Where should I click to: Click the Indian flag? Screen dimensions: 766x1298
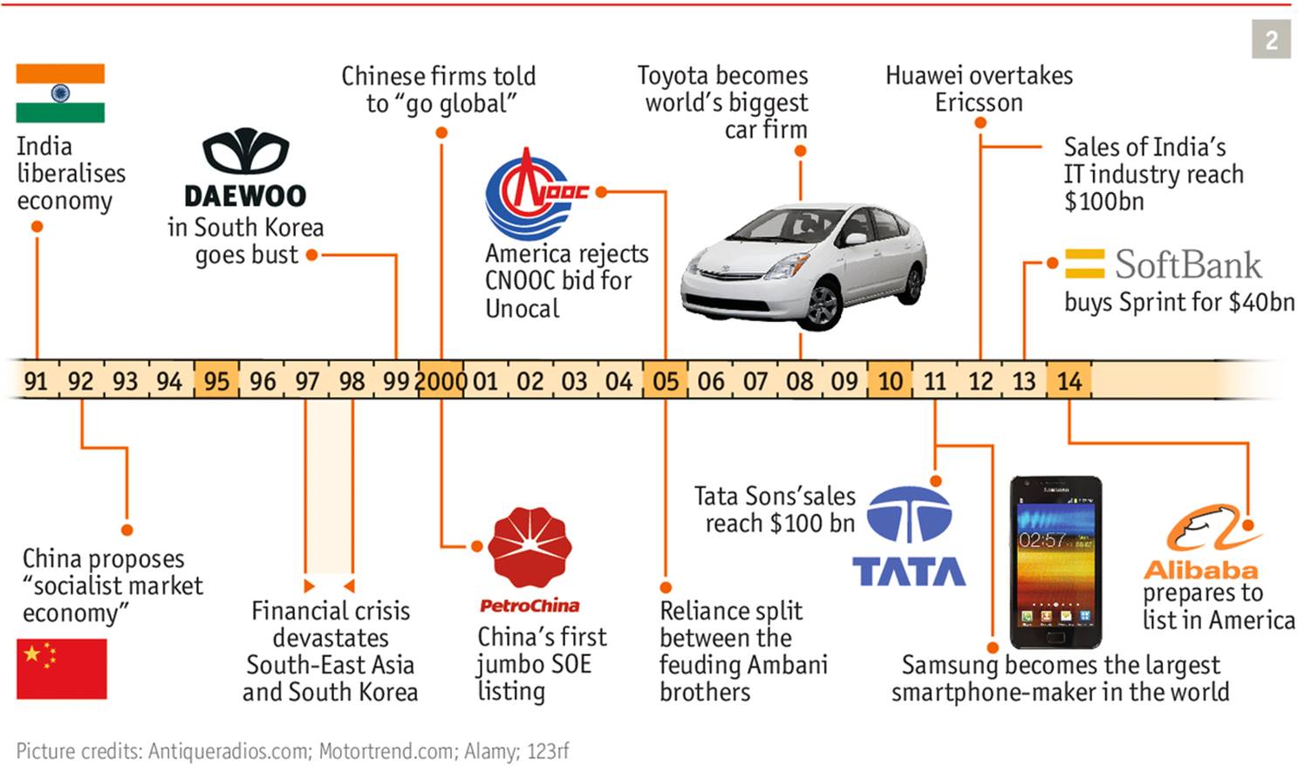[60, 93]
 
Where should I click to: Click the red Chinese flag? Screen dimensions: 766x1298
[61, 668]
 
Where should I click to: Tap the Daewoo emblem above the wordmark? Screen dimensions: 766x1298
[245, 152]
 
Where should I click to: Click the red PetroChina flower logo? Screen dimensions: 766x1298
[529, 548]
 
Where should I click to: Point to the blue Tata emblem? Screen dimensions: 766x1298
[908, 516]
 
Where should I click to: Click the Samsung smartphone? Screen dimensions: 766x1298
[1055, 563]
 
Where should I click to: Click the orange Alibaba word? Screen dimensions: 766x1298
[1200, 571]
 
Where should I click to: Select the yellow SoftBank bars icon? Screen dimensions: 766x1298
[1084, 263]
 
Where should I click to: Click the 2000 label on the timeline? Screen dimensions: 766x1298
[441, 381]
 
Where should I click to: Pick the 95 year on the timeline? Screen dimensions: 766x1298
[216, 381]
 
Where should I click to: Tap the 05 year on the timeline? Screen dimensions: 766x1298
[665, 381]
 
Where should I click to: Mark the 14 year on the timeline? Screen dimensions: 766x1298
[1069, 381]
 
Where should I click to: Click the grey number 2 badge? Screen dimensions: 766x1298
[1271, 40]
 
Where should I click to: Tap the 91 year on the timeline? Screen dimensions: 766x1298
[36, 381]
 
